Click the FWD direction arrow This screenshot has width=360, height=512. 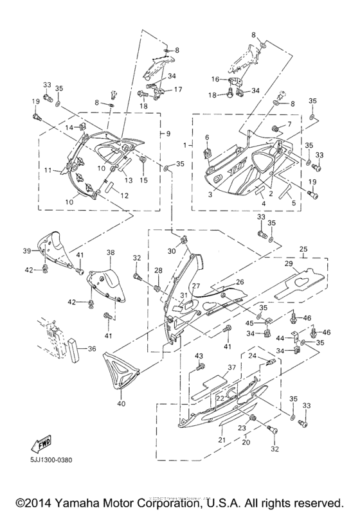(x=40, y=443)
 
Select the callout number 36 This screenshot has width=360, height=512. (x=91, y=349)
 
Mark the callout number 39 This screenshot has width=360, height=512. (x=27, y=250)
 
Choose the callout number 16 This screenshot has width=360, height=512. (x=169, y=134)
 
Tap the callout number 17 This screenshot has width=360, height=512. (x=178, y=89)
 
